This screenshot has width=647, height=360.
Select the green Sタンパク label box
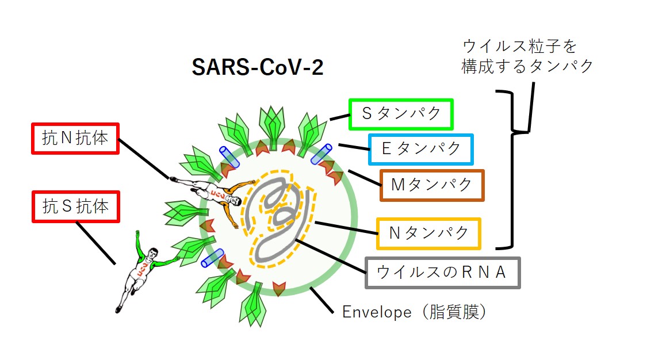coord(401,114)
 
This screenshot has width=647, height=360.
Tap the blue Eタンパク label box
coord(421,149)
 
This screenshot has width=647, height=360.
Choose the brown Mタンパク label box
coord(432,185)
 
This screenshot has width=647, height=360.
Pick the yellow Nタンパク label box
coord(428,233)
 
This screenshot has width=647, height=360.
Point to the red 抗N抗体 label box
coord(75,139)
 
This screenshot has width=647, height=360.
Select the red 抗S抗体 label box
coord(75,206)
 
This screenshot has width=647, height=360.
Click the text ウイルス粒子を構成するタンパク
coord(527,56)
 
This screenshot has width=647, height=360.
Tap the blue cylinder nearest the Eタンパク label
coord(321,155)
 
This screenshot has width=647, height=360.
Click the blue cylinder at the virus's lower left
coord(212,258)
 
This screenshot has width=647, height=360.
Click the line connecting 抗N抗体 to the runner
coord(144,158)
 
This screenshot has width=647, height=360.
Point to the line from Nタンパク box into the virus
coord(345,228)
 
